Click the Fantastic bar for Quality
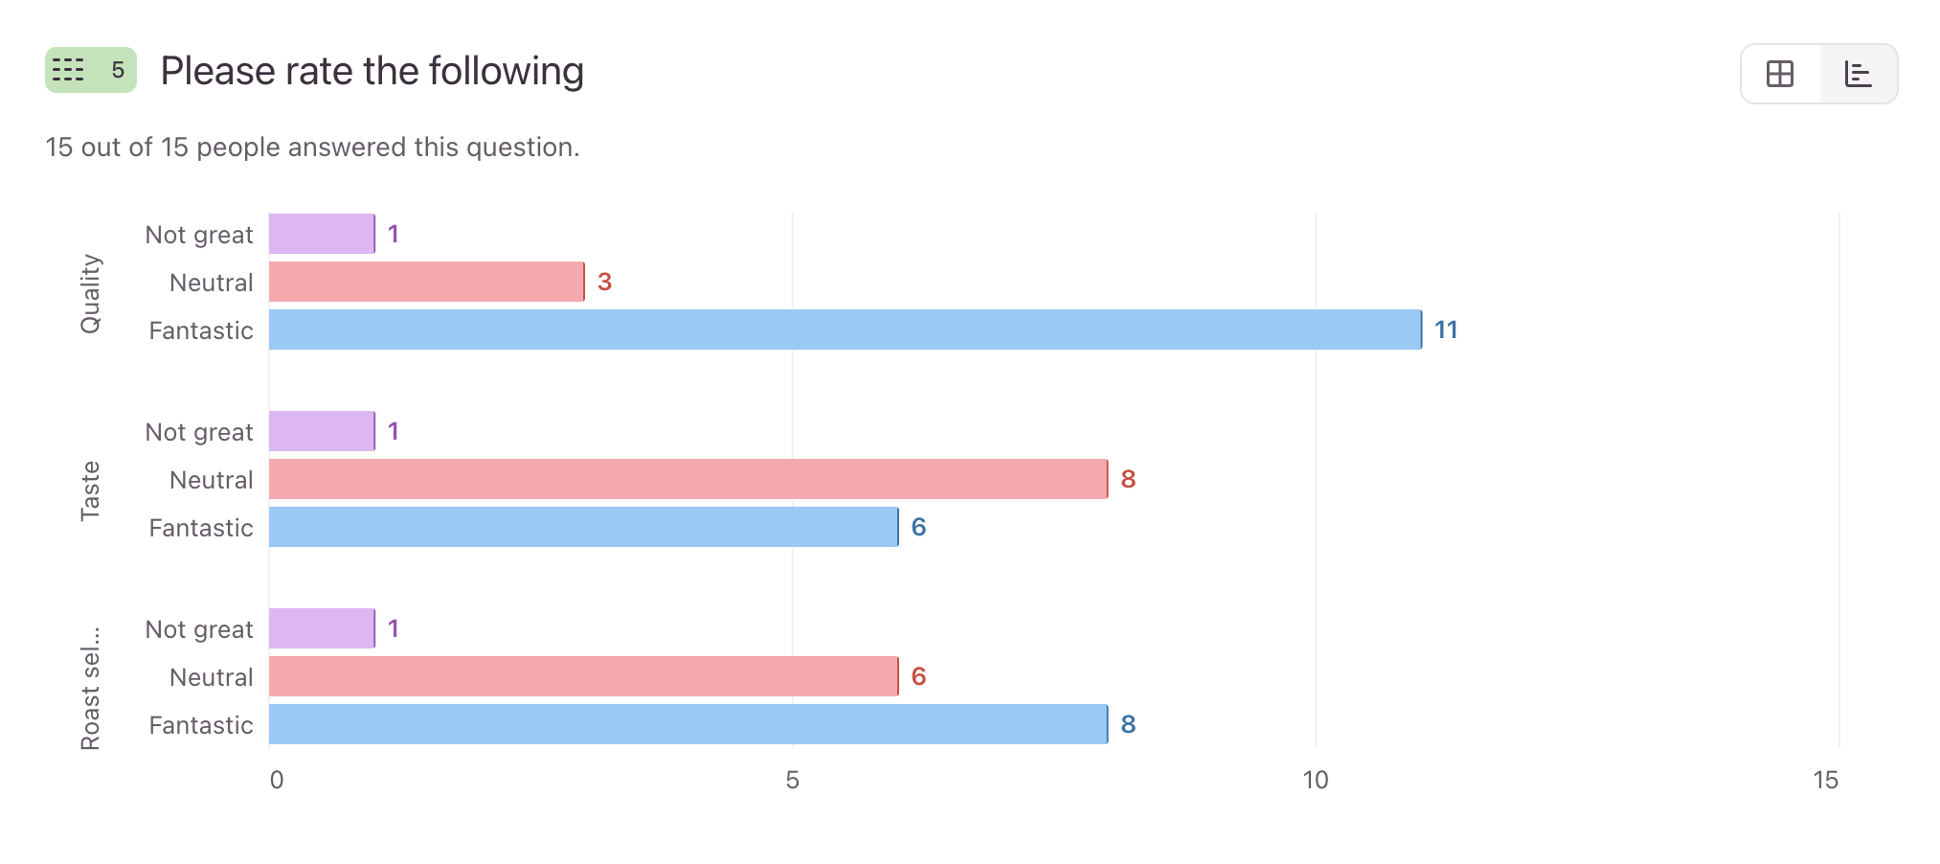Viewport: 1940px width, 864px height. [845, 330]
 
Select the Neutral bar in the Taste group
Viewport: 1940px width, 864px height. [688, 479]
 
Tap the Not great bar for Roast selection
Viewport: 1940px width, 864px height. [322, 628]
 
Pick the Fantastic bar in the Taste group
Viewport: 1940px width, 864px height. [583, 527]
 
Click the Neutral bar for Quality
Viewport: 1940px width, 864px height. [426, 282]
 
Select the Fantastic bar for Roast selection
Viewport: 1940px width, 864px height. [688, 724]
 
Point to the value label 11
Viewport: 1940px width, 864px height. [1446, 330]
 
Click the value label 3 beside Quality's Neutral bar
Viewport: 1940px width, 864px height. [604, 283]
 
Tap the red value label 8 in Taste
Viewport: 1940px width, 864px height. [1128, 480]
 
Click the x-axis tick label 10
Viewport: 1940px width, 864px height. [1316, 781]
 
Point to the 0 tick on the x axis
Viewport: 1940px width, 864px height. [277, 781]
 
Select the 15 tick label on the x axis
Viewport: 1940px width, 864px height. [1825, 781]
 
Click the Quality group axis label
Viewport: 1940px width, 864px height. [90, 293]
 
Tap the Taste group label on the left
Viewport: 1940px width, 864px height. [90, 490]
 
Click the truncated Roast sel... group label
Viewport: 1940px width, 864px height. [90, 688]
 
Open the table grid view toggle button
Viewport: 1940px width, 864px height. [1780, 74]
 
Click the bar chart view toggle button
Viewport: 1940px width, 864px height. [1858, 74]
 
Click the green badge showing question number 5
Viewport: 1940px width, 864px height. [91, 70]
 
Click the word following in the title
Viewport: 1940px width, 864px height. [506, 72]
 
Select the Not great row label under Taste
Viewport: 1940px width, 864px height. [199, 432]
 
